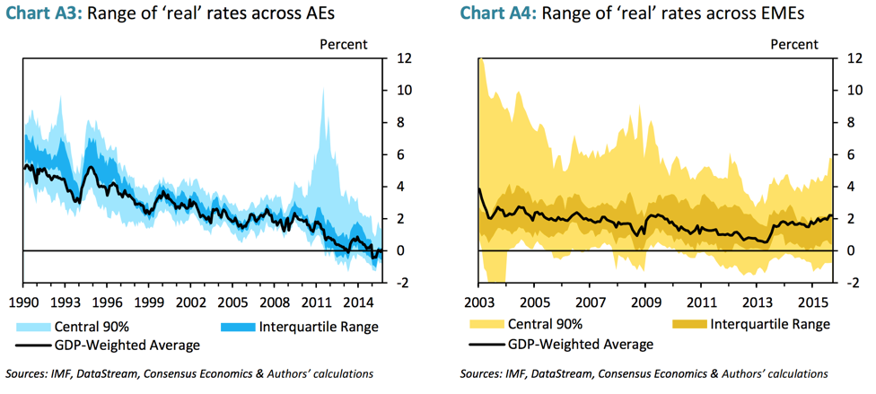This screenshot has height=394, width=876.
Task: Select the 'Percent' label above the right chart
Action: [x=794, y=43]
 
